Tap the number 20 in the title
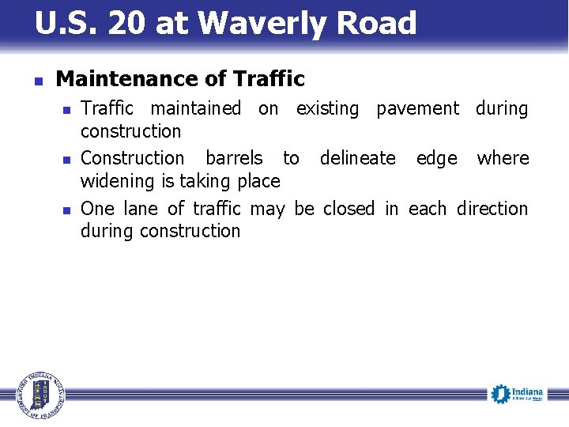point(127,24)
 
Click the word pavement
point(417,108)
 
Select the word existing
point(327,108)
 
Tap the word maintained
point(196,108)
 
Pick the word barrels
point(235,158)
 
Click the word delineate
point(357,158)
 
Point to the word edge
point(436,158)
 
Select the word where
point(503,158)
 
